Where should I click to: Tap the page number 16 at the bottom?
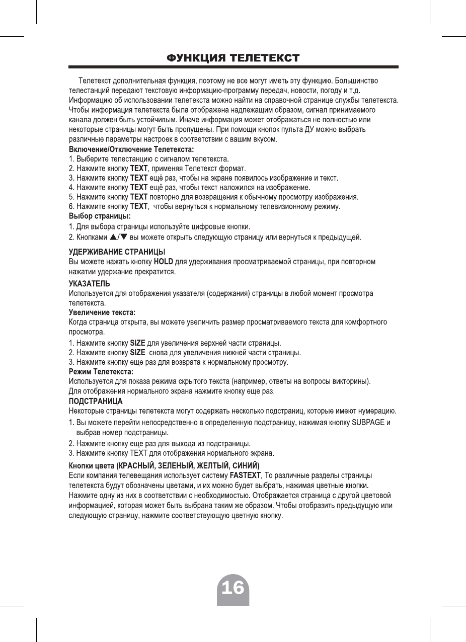233,587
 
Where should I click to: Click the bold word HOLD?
164,261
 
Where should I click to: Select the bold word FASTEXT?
245,475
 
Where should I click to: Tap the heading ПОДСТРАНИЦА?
96,402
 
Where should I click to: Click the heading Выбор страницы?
99,216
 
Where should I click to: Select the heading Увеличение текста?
102,313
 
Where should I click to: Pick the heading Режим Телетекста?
101,371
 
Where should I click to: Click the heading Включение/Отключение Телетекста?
131,149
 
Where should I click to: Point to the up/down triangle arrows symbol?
119,236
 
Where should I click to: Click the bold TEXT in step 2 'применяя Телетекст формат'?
139,169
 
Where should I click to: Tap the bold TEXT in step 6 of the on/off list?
139,207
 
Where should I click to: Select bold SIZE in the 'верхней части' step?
137,343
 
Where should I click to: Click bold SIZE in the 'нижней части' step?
137,352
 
